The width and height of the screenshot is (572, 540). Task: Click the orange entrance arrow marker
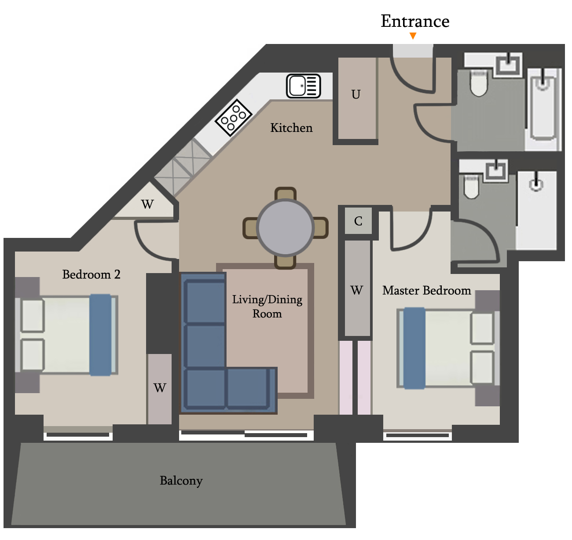[x=413, y=36]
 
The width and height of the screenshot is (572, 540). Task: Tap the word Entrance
[x=415, y=21]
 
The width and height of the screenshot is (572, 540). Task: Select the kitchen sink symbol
[x=303, y=86]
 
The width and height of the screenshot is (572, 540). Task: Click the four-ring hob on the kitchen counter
[x=234, y=117]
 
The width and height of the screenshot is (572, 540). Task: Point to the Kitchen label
[x=291, y=128]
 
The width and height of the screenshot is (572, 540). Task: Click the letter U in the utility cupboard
[x=356, y=95]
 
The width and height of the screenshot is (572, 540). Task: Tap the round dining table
[x=285, y=227]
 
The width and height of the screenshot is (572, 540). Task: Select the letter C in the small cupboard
[x=358, y=221]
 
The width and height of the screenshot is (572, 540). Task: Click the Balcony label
[x=181, y=481]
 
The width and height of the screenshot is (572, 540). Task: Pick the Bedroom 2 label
[x=92, y=274]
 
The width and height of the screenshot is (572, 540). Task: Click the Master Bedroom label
[x=426, y=290]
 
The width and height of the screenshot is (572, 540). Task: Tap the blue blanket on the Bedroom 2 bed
[x=100, y=335]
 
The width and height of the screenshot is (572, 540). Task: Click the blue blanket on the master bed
[x=414, y=348]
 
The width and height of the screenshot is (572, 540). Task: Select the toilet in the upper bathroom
[x=478, y=84]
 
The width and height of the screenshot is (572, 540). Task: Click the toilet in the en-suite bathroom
[x=471, y=187]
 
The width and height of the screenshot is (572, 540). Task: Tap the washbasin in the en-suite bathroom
[x=496, y=171]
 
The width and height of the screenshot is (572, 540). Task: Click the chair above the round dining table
[x=285, y=194]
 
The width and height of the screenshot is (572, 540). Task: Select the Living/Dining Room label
[x=267, y=306]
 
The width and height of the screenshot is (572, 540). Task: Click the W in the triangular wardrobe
[x=147, y=204]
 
